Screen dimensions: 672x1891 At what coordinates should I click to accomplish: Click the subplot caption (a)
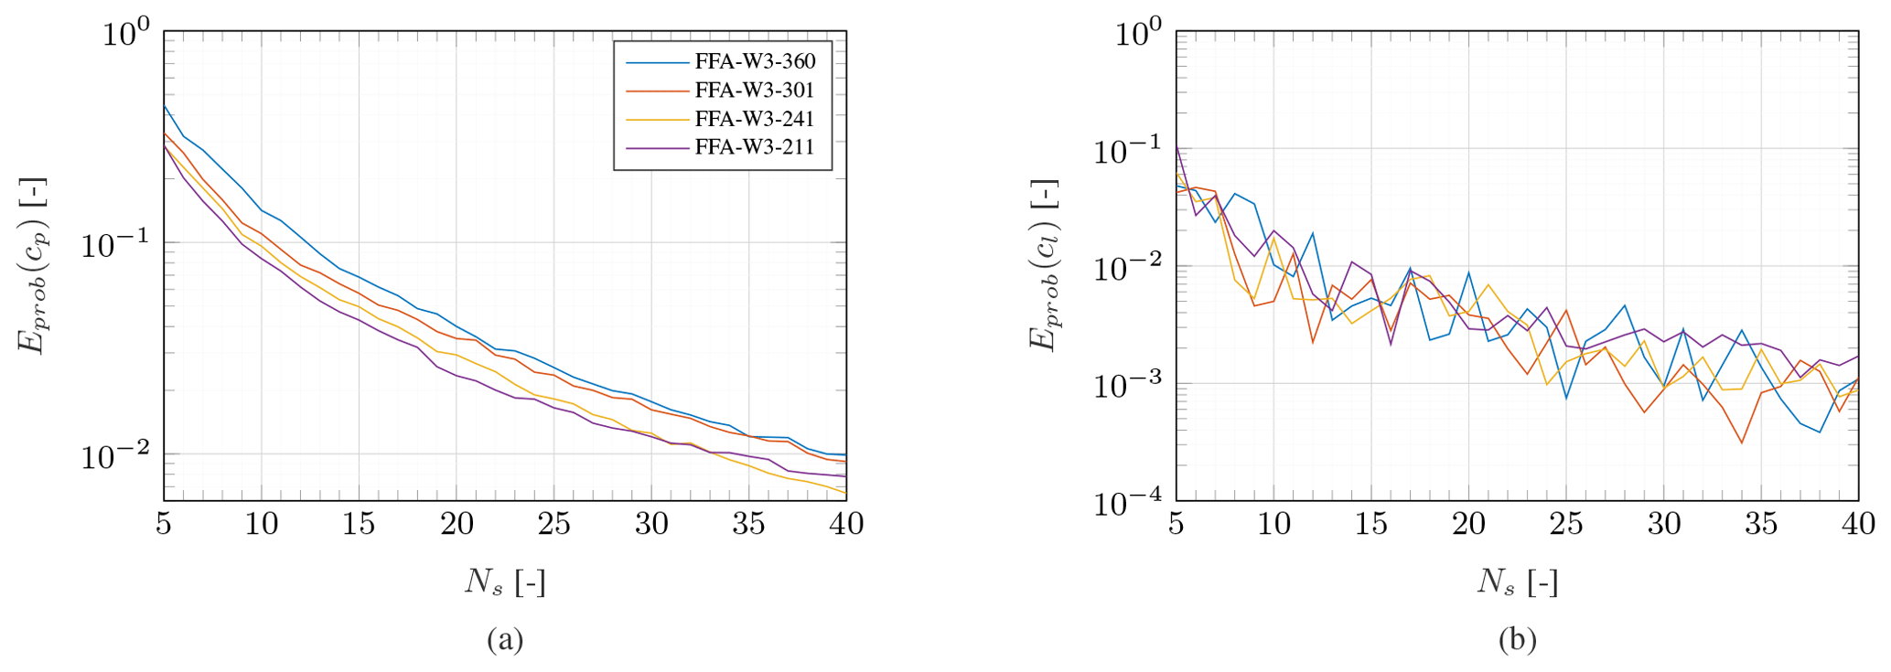(x=505, y=639)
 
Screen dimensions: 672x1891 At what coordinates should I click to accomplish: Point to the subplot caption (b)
(x=1517, y=639)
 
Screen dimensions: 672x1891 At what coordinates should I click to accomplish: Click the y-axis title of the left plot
(x=32, y=264)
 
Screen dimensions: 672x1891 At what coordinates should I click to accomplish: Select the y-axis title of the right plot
(x=1044, y=264)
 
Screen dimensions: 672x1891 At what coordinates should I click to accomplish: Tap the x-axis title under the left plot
(x=505, y=581)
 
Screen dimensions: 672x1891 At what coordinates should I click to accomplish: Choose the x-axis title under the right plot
(x=1517, y=581)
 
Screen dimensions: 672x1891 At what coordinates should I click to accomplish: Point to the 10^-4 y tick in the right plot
(x=1127, y=502)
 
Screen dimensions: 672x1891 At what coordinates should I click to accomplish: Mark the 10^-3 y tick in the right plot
(x=1127, y=385)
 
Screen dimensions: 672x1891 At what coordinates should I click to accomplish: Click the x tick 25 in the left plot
(x=554, y=524)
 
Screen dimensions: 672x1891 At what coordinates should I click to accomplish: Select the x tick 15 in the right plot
(x=1371, y=524)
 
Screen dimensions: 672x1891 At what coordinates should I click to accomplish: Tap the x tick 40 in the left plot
(x=846, y=524)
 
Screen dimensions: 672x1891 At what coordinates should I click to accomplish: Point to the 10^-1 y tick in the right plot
(x=1127, y=150)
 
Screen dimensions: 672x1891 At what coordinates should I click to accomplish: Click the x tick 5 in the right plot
(x=1177, y=524)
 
